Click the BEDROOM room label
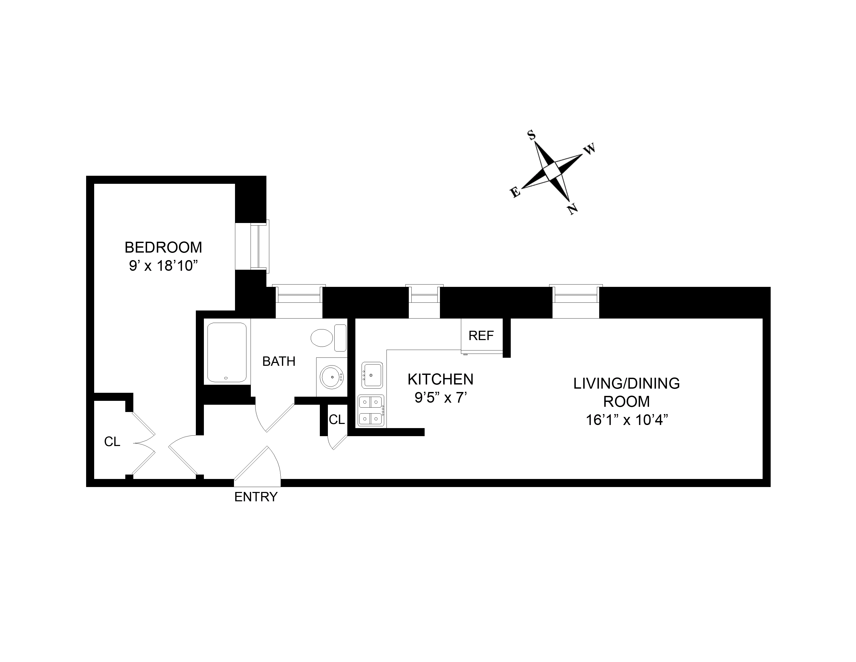click(163, 247)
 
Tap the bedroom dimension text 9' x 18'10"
click(163, 266)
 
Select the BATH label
click(279, 361)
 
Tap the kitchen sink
click(371, 375)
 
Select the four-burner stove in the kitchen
click(371, 411)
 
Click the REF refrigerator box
click(481, 336)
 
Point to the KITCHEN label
click(440, 380)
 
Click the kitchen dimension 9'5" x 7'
click(440, 398)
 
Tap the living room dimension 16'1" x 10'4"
click(626, 420)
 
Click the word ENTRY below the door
click(256, 497)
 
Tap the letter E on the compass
click(515, 193)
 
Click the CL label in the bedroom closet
click(112, 442)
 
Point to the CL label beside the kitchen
click(337, 420)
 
